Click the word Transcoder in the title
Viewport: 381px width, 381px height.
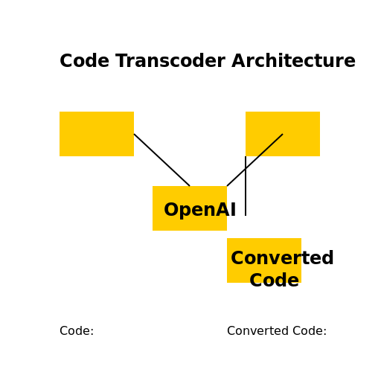pos(170,61)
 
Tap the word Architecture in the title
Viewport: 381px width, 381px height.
pos(293,61)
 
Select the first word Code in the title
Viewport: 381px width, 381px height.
pos(85,61)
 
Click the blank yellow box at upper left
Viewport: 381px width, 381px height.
pos(97,134)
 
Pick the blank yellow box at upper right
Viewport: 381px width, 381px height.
pos(283,134)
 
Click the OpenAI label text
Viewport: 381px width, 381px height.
pos(199,210)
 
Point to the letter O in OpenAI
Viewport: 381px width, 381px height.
pos(172,210)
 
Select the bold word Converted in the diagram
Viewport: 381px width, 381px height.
pos(282,257)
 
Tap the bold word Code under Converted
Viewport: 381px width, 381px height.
pos(274,280)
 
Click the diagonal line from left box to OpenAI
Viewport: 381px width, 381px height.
pos(161,160)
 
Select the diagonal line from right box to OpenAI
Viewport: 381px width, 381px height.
pos(254,160)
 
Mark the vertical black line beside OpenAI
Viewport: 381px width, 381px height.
pos(246,186)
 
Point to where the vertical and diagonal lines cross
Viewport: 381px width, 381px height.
pos(246,169)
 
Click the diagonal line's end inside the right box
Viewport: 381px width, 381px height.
pos(283,134)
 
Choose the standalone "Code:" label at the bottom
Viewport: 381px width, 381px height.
pos(77,331)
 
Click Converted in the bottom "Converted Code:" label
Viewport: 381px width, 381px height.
pos(258,331)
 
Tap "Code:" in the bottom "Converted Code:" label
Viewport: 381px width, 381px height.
pos(310,331)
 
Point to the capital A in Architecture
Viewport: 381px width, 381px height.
pos(239,61)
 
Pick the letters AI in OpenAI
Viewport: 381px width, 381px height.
pos(225,210)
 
